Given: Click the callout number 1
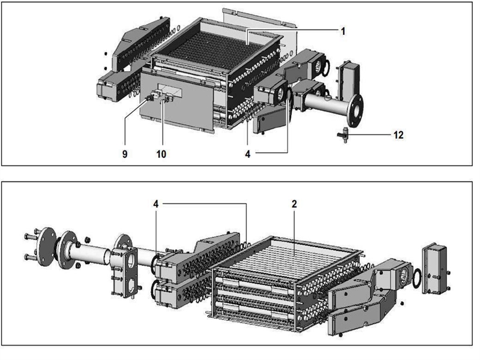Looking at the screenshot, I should pos(343,30).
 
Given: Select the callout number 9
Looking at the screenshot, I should pos(125,154).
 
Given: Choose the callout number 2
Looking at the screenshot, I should pos(294,205).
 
